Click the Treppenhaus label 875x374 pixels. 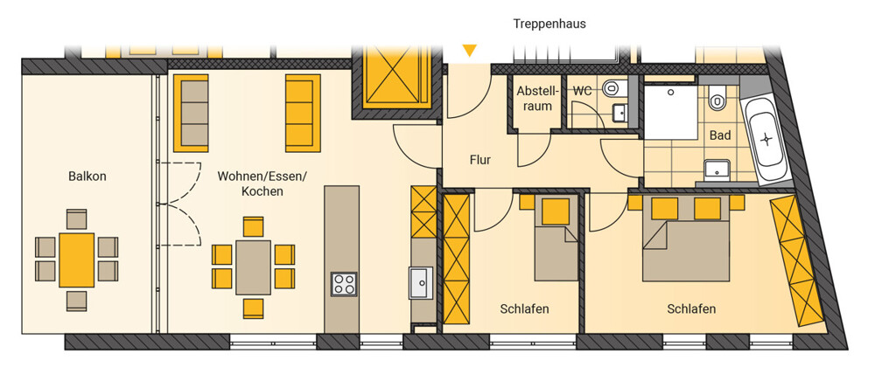tap(549, 24)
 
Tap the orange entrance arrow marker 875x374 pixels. tap(470, 51)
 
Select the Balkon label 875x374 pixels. tap(87, 177)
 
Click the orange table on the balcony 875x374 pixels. tap(76, 260)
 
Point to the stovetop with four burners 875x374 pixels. tap(343, 284)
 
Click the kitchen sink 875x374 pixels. tap(421, 282)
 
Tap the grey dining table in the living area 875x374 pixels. tap(254, 267)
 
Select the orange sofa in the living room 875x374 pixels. tap(303, 113)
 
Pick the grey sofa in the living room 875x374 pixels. tap(191, 113)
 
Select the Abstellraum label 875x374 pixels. tap(534, 98)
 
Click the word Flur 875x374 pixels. tap(479, 161)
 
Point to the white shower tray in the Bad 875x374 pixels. tap(671, 112)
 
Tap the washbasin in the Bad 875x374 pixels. tap(717, 169)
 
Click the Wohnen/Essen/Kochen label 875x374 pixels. tap(262, 184)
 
